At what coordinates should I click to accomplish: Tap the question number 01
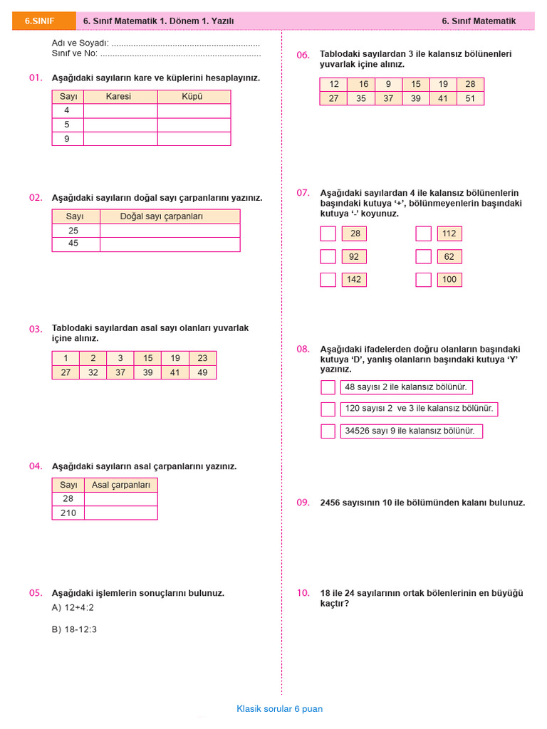click(36, 78)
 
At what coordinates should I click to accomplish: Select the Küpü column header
click(192, 96)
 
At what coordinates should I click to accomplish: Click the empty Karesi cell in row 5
click(120, 125)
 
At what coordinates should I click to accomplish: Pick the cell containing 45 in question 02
click(73, 243)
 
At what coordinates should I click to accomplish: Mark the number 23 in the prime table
click(202, 358)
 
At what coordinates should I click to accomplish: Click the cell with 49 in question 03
click(202, 372)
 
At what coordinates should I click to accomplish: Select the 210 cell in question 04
click(68, 513)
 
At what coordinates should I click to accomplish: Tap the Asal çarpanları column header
click(121, 485)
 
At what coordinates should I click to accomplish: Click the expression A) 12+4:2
click(73, 608)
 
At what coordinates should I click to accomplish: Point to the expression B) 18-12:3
click(74, 629)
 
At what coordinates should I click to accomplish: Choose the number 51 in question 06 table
click(470, 98)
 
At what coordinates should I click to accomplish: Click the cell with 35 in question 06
click(361, 98)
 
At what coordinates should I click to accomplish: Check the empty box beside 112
click(424, 234)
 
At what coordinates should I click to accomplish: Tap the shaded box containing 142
click(354, 279)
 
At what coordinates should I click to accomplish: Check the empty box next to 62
click(424, 256)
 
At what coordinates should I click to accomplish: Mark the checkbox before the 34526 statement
click(328, 431)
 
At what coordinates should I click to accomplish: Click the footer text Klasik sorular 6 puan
click(279, 709)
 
